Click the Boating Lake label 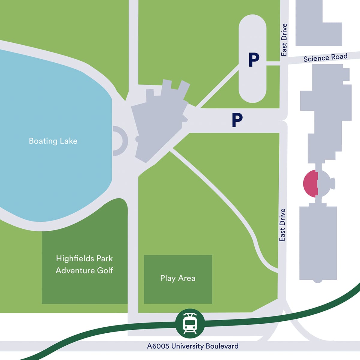tap(53, 141)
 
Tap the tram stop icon tap(190, 323)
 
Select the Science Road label tap(325, 57)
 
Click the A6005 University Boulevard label tap(193, 346)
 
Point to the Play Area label tap(178, 278)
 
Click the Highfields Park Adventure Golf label tap(84, 264)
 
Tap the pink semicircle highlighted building tap(310, 183)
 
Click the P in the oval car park tap(254, 60)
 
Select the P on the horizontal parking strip tap(237, 120)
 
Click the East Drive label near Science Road tap(284, 40)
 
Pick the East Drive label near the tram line tap(282, 225)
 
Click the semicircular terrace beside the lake tap(120, 141)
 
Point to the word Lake tap(68, 141)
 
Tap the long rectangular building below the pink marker tap(318, 243)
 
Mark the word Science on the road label tap(314, 58)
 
